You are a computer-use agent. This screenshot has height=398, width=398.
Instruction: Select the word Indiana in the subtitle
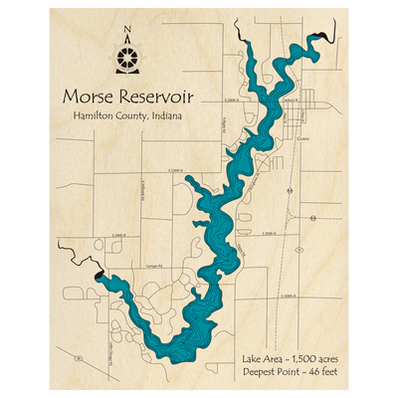point(166,117)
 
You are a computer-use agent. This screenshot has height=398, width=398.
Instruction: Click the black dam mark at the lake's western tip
point(98,279)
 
